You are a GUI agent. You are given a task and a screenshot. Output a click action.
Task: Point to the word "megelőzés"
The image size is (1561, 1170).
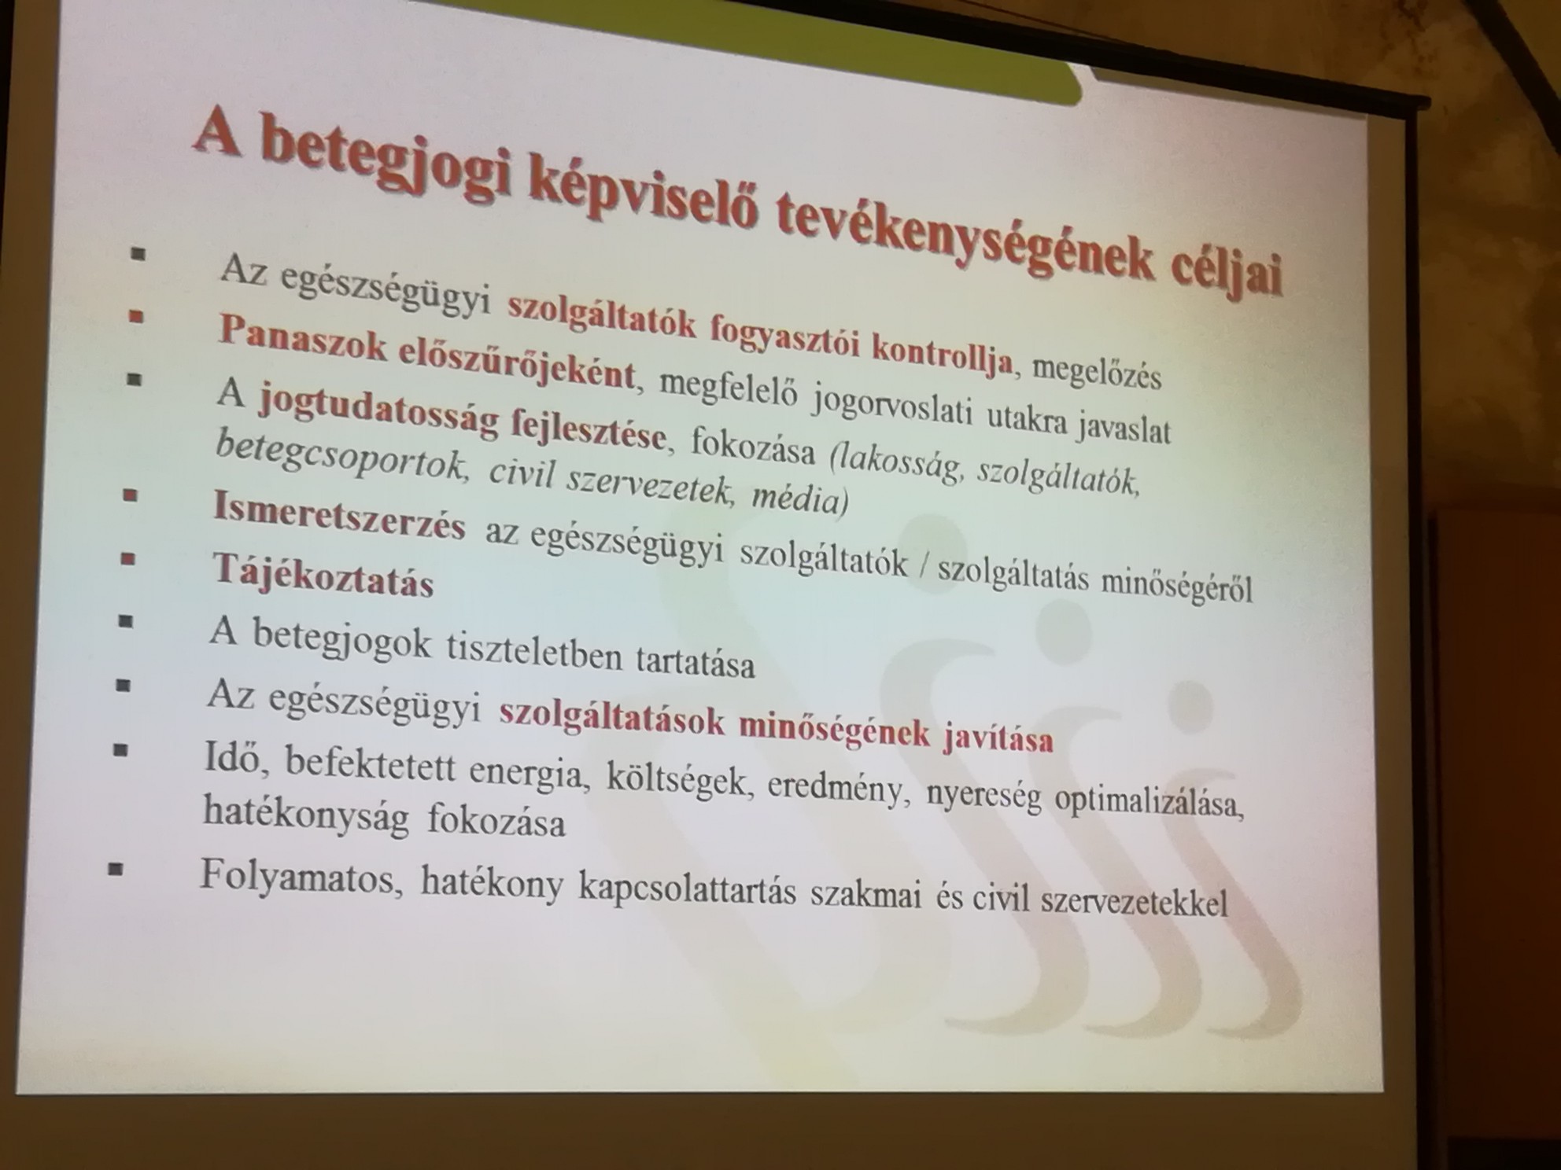point(1096,371)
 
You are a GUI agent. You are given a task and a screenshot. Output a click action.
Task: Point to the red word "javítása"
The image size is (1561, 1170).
point(998,738)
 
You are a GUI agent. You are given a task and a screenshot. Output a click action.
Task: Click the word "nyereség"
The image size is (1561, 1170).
point(984,796)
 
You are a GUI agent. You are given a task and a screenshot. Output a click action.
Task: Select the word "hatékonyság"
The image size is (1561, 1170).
point(306,815)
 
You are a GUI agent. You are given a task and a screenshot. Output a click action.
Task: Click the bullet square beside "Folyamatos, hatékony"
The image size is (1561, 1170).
point(116,869)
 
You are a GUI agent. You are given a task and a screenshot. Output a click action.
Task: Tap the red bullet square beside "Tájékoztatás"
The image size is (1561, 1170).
point(127,559)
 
